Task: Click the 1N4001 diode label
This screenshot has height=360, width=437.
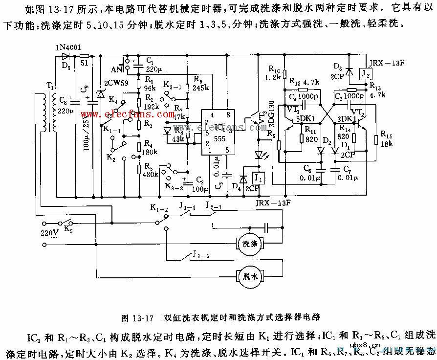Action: (65, 48)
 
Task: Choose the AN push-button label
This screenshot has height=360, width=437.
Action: (117, 68)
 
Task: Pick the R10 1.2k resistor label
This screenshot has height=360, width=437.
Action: (276, 73)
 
